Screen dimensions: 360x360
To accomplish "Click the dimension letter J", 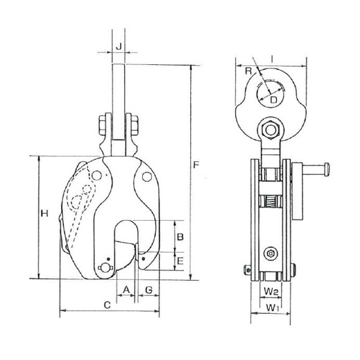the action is coord(118,47).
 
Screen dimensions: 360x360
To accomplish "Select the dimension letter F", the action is coord(196,164).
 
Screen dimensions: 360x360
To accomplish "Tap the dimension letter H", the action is coord(44,214).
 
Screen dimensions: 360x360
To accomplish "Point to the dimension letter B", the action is coord(180,237).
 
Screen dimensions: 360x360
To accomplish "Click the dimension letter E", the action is coord(180,261).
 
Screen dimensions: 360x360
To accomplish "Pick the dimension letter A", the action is coord(126,290).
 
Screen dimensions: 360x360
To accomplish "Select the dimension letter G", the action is coord(149,290).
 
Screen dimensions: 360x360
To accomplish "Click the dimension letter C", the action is coord(107,305).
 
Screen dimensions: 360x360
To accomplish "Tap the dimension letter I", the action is coord(272,59).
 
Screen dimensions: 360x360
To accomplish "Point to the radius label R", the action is coord(248,71).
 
